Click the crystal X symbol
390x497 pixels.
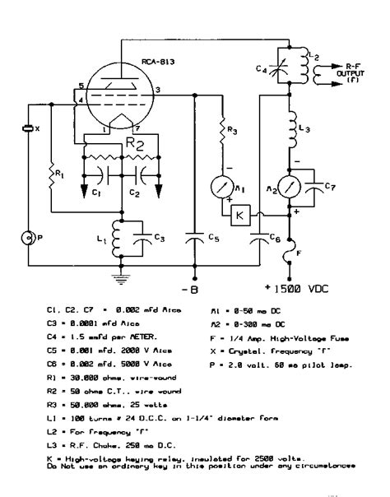click(x=27, y=130)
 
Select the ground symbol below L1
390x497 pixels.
click(x=121, y=279)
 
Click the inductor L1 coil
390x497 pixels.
click(x=120, y=239)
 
